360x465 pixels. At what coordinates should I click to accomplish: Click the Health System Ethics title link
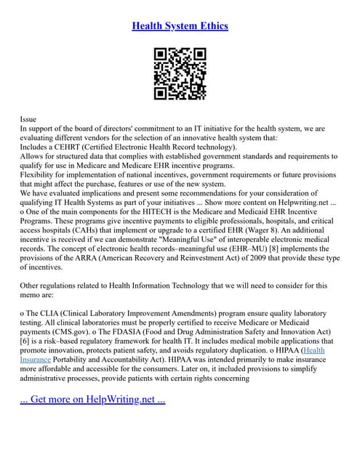[180, 26]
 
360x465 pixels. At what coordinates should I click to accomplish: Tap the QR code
[180, 73]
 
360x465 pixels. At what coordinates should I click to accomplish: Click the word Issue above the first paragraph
[28, 118]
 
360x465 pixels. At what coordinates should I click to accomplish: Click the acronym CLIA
[52, 312]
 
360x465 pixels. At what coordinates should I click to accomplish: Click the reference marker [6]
[26, 341]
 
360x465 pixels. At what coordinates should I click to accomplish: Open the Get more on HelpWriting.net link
[93, 399]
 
